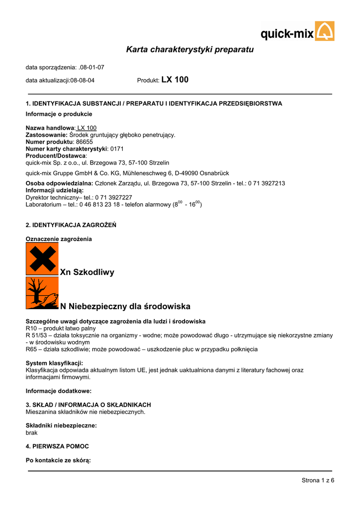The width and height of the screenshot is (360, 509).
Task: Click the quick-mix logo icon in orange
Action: click(325, 31)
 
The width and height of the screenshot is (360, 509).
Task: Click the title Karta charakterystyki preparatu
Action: click(189, 50)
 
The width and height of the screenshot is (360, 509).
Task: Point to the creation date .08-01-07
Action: click(91, 67)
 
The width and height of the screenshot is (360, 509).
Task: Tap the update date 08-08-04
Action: click(83, 80)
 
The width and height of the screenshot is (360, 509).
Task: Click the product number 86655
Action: click(85, 142)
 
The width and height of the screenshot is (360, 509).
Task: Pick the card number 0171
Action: click(117, 149)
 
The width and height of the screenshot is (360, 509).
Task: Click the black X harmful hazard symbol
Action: click(42, 258)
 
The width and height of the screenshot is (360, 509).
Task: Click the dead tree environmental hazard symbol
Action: click(42, 293)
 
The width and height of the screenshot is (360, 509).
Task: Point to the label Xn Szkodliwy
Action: click(88, 272)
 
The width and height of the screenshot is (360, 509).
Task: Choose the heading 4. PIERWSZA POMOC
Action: click(57, 446)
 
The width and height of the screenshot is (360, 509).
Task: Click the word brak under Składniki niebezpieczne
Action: click(31, 432)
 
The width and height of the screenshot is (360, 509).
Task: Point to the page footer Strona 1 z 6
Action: click(318, 480)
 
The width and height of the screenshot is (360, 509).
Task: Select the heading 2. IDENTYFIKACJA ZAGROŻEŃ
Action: click(71, 225)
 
